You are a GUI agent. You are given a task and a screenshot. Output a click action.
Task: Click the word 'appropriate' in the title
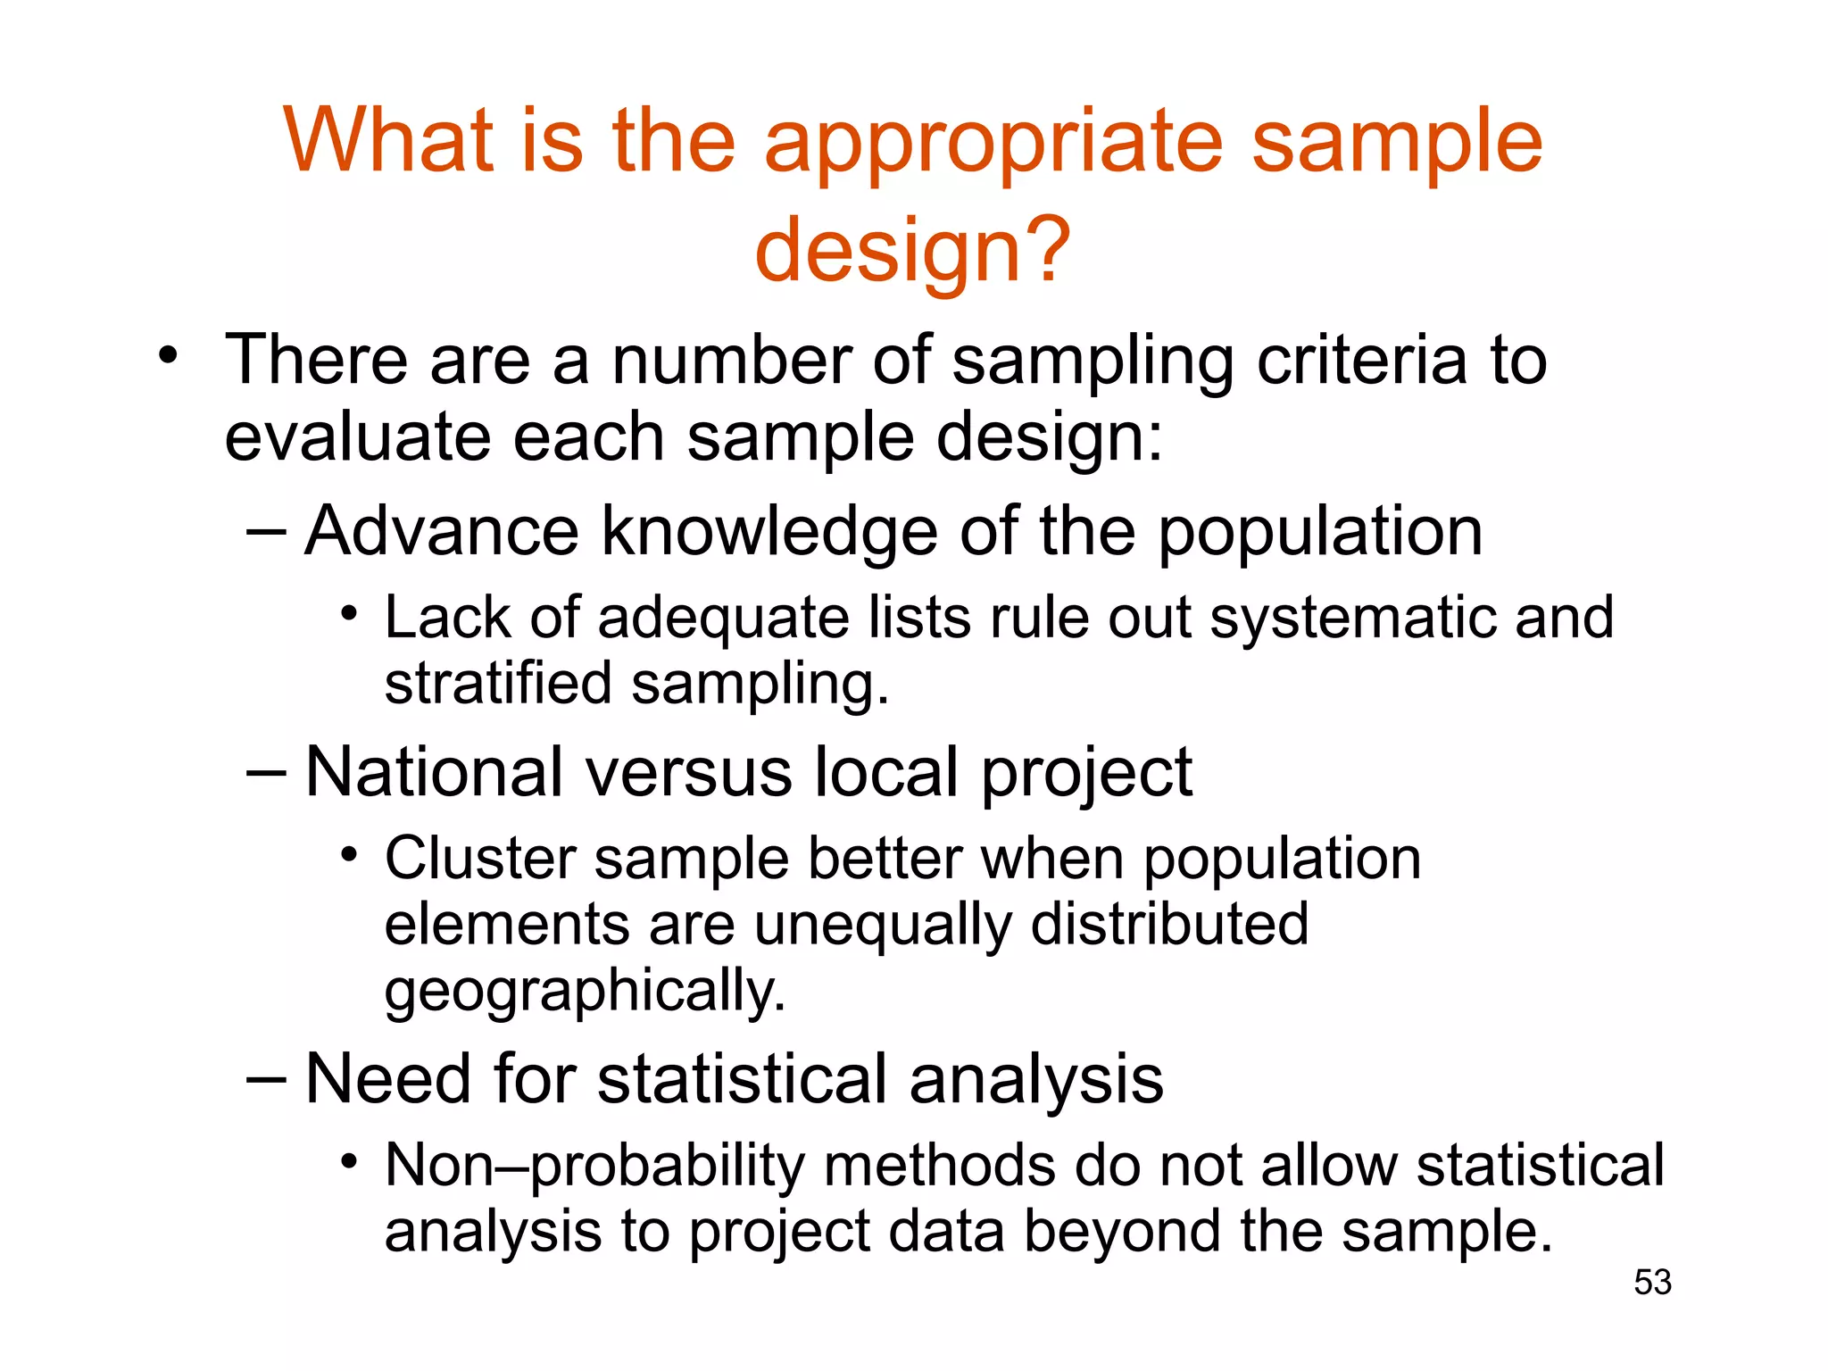click(993, 143)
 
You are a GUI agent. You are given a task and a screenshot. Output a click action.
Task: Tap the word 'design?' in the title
click(912, 252)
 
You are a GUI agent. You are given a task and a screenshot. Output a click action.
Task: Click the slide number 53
click(1652, 1283)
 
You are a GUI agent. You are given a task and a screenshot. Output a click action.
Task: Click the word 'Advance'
click(442, 531)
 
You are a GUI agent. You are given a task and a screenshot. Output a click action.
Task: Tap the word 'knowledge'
click(769, 533)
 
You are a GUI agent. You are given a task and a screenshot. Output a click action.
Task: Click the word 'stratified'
click(498, 684)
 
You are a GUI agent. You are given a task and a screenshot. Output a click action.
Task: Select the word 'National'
click(434, 772)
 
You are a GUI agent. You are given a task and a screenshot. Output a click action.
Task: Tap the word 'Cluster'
click(479, 859)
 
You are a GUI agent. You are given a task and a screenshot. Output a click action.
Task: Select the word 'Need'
click(387, 1079)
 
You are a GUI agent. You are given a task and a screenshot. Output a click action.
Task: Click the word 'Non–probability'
click(594, 1167)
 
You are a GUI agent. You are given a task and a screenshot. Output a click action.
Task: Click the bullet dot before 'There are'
click(167, 356)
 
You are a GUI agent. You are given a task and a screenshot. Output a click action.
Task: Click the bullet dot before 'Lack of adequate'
click(349, 614)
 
